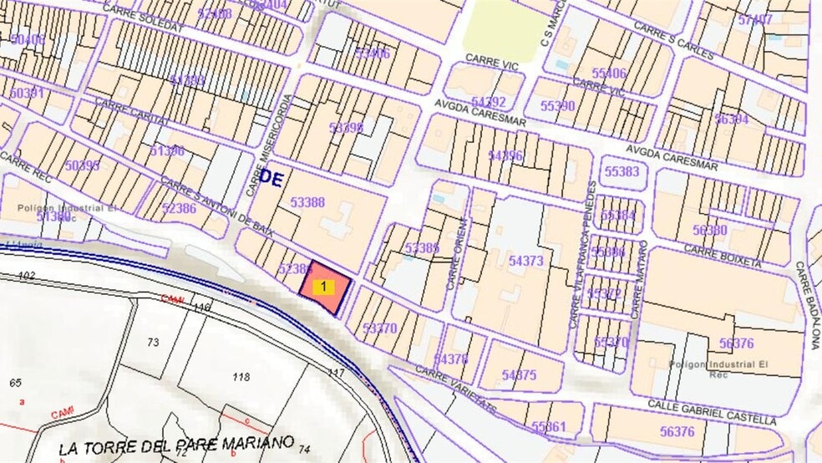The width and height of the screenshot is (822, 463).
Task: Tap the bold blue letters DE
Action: [271, 177]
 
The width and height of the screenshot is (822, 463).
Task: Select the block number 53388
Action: [307, 202]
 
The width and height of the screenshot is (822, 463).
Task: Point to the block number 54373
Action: [525, 262]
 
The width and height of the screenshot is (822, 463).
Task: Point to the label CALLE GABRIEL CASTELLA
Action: [712, 410]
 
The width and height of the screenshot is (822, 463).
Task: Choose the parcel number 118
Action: [241, 377]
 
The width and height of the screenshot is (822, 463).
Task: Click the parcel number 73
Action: [153, 342]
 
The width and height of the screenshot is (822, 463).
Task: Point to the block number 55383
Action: [622, 171]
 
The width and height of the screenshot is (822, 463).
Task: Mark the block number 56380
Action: [710, 230]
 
